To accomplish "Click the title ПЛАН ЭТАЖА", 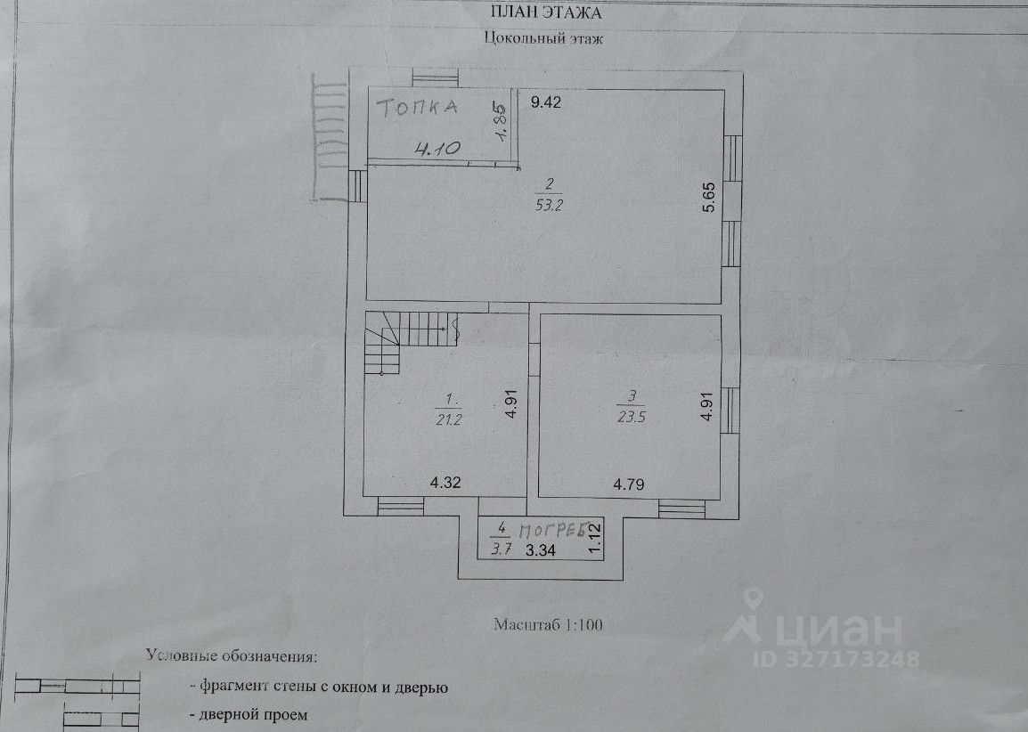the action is [x=546, y=12].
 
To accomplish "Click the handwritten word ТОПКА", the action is [x=417, y=110].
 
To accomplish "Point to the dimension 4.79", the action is [x=629, y=484].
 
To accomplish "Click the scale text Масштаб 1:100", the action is [x=549, y=625].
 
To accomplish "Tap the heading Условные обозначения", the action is [x=232, y=657].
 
